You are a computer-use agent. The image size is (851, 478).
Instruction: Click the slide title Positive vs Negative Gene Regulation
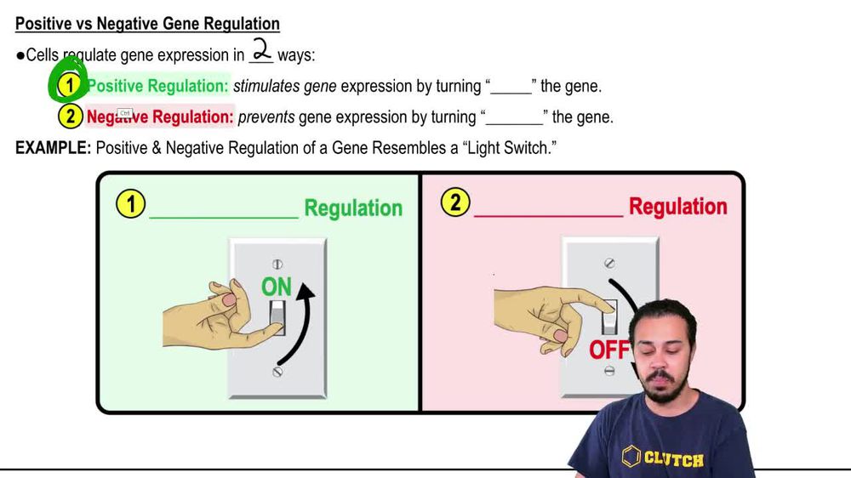[x=147, y=24]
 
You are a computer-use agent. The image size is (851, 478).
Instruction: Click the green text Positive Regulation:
[x=157, y=86]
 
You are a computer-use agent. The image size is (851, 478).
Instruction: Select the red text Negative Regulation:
[x=160, y=117]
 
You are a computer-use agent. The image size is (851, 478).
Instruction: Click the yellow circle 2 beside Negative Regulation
[x=70, y=117]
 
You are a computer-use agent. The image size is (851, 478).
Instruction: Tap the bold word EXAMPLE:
[x=53, y=148]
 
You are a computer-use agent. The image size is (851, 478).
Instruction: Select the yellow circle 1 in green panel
[x=130, y=205]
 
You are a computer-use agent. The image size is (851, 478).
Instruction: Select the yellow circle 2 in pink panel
[x=455, y=203]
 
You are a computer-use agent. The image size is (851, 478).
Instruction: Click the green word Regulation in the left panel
[x=353, y=208]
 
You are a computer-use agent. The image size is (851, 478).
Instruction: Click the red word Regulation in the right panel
[x=677, y=207]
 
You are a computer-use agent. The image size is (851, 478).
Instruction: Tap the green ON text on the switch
[x=277, y=287]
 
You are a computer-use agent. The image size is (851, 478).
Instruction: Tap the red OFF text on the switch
[x=608, y=350]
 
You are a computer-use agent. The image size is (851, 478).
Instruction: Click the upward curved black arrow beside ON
[x=308, y=323]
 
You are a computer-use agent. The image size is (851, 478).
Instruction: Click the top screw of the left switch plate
[x=277, y=265]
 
